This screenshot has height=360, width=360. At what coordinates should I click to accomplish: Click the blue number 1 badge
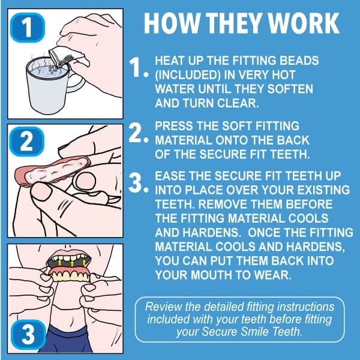coord(28,28)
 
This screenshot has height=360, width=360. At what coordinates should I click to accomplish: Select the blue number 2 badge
coord(26,142)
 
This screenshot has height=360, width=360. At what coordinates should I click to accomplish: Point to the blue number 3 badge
coord(28,335)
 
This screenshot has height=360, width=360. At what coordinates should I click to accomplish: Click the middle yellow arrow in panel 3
coord(73,263)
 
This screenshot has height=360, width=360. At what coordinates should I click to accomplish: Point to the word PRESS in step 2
coord(174,126)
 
